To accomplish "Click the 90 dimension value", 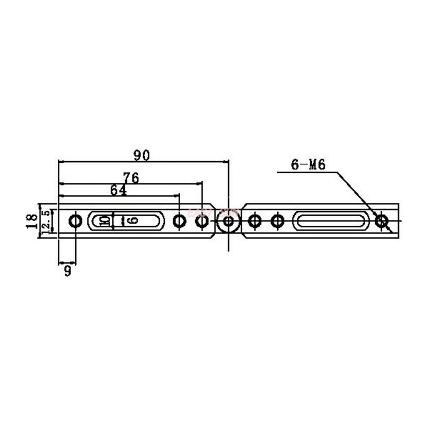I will pyautogui.click(x=142, y=155).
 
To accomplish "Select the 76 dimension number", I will pyautogui.click(x=130, y=178).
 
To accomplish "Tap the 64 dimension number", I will pyautogui.click(x=118, y=190).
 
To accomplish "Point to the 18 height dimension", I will pyautogui.click(x=31, y=220).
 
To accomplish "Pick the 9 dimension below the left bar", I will pyautogui.click(x=67, y=271).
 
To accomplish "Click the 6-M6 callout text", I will pyautogui.click(x=307, y=164).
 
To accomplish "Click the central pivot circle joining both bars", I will pyautogui.click(x=228, y=221).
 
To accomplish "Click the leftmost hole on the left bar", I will pyautogui.click(x=75, y=221).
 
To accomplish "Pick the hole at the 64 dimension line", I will pyautogui.click(x=180, y=221).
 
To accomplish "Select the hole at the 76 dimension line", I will pyautogui.click(x=201, y=221).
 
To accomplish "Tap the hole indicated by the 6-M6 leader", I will pyautogui.click(x=381, y=221).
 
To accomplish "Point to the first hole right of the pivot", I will pyautogui.click(x=255, y=221).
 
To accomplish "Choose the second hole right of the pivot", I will pyautogui.click(x=277, y=221).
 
